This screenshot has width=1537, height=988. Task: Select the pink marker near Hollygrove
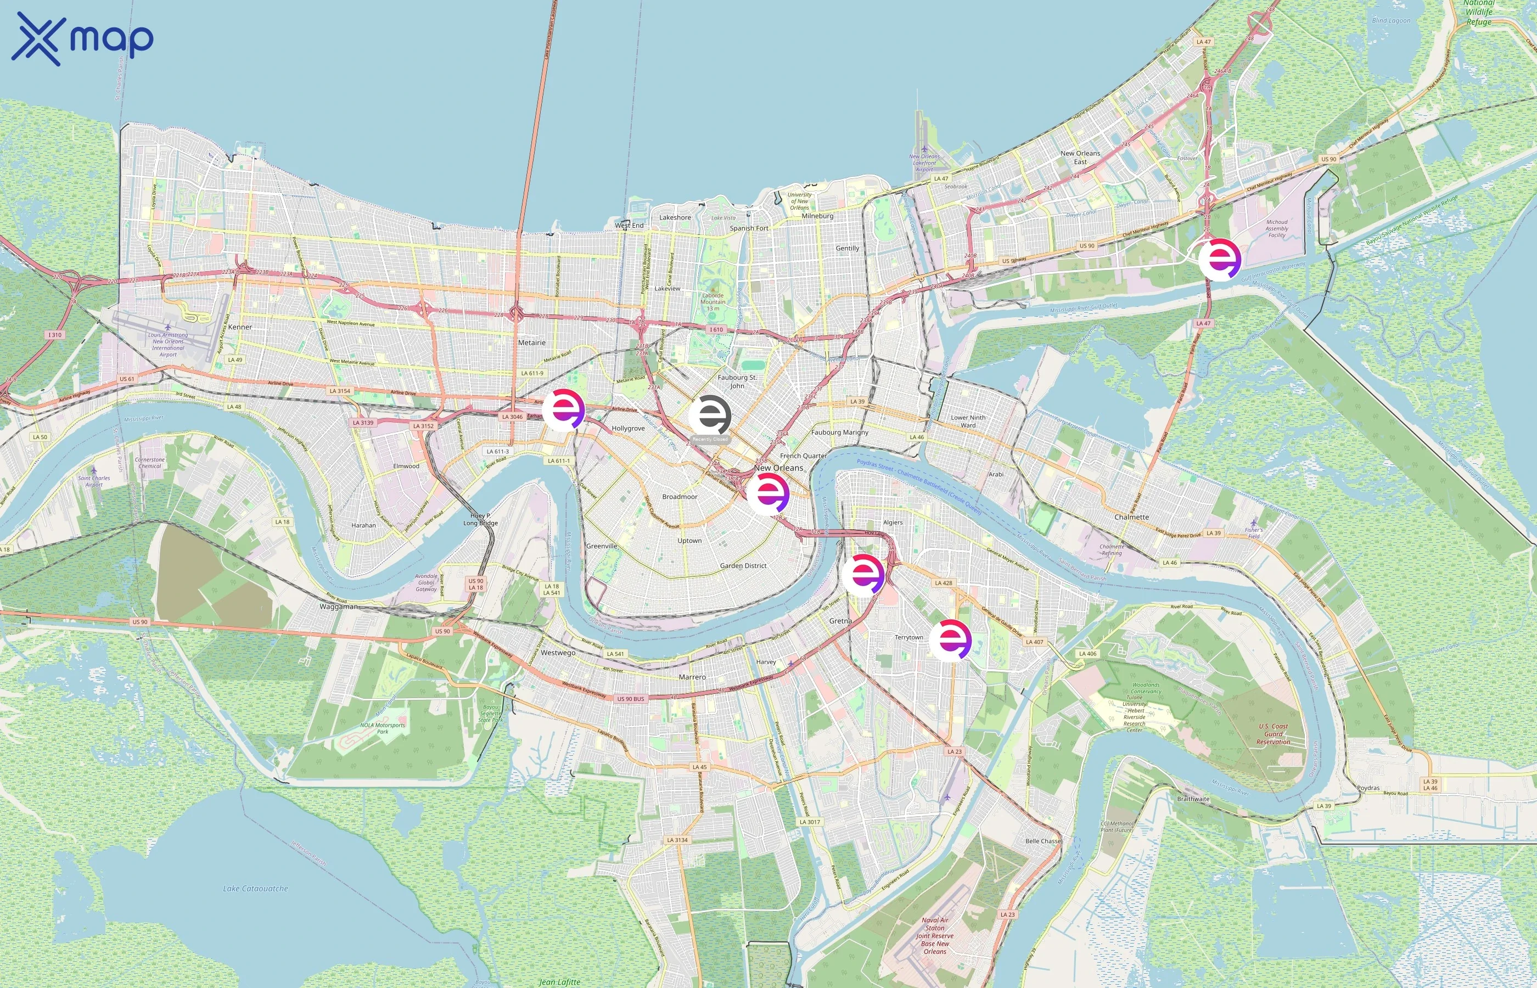(x=564, y=409)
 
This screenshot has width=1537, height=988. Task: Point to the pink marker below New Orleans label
(x=768, y=493)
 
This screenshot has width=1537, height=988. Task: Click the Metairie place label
(x=532, y=343)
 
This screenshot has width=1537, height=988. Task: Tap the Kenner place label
(x=240, y=327)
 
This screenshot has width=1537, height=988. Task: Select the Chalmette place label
(x=1131, y=517)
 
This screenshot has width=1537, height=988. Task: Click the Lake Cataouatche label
(x=255, y=889)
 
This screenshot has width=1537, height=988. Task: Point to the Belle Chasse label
(x=1043, y=841)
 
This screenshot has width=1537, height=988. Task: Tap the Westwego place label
(x=558, y=653)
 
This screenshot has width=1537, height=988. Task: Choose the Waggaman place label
(x=339, y=607)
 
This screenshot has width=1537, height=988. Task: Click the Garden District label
(x=743, y=566)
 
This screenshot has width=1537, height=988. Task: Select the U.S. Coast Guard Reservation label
(x=1274, y=734)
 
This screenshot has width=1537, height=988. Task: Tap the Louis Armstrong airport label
(x=168, y=345)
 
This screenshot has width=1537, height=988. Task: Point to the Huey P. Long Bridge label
(x=480, y=519)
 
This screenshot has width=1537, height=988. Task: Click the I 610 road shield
(x=716, y=330)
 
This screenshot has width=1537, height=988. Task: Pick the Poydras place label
(x=1368, y=788)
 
